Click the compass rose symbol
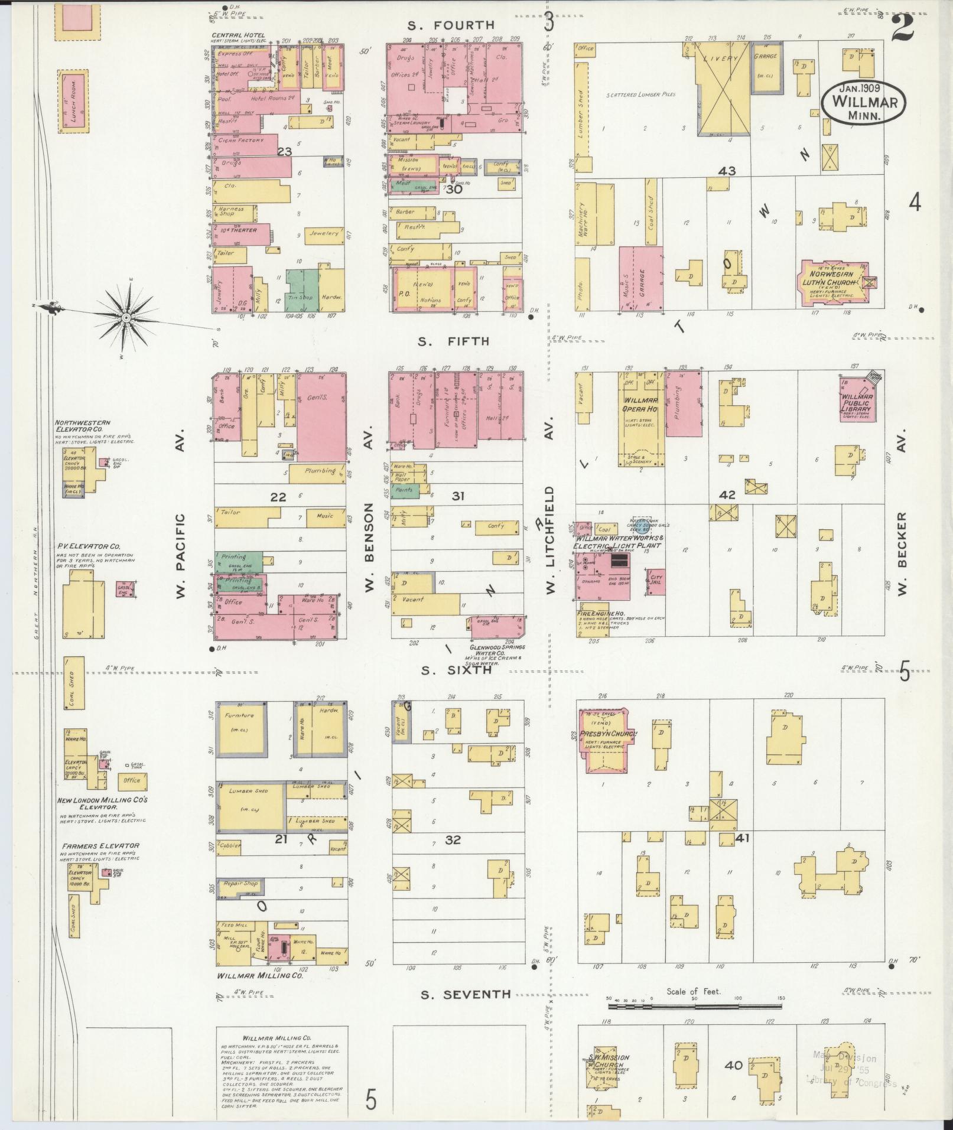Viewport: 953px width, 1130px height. point(126,319)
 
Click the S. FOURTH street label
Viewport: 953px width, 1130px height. point(451,25)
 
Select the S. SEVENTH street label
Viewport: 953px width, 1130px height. point(465,994)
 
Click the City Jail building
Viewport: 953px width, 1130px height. point(656,582)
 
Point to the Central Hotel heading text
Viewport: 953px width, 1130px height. point(238,35)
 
